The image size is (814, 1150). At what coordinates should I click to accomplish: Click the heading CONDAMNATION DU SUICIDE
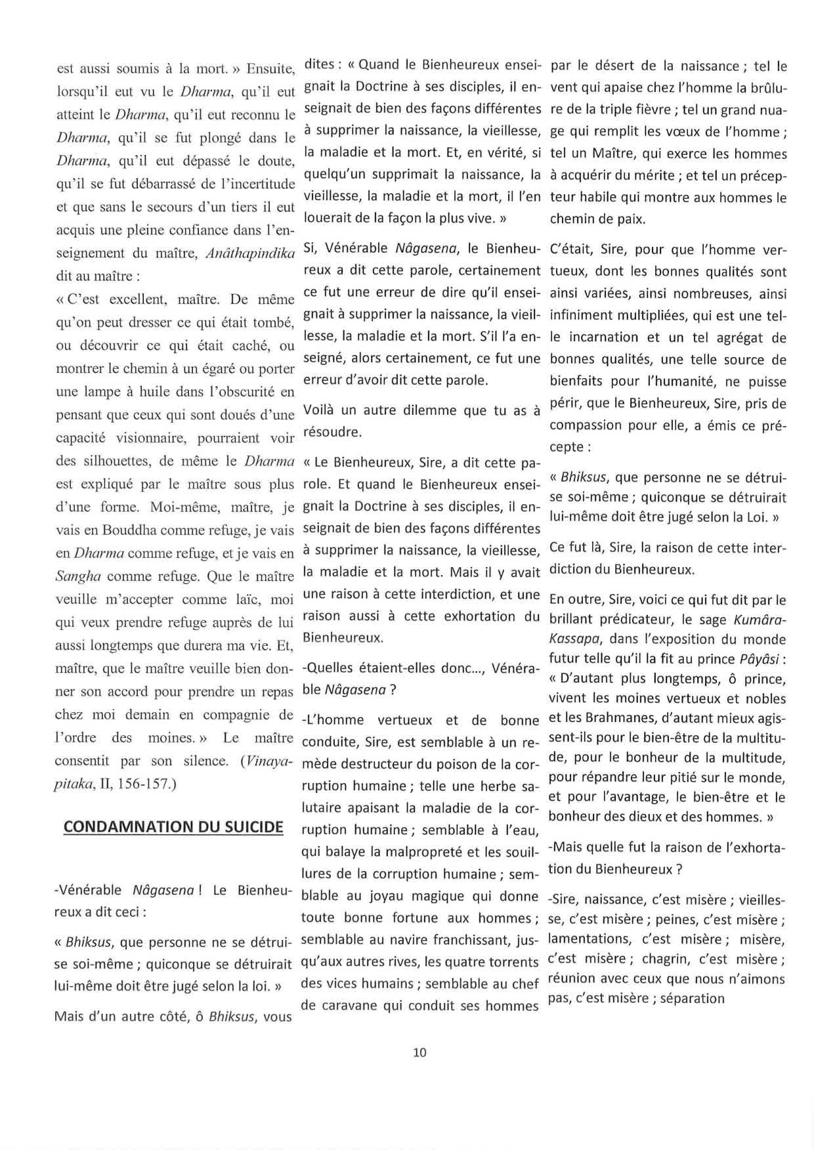click(173, 826)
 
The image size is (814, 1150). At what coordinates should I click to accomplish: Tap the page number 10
click(420, 1052)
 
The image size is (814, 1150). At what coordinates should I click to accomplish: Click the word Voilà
click(320, 411)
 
